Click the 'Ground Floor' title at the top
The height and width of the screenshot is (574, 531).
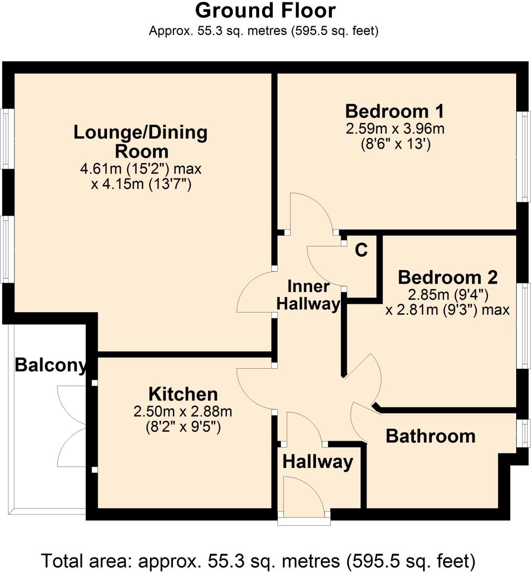[265, 10]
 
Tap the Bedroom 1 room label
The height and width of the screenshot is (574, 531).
[394, 111]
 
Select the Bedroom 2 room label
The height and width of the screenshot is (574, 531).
[448, 277]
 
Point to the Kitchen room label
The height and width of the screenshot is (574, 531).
[183, 394]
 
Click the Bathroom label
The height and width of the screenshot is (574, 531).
[430, 436]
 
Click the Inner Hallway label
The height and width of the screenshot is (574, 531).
[308, 295]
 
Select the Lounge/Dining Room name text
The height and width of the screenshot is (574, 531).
[141, 141]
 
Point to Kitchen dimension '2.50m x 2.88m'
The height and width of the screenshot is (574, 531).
[183, 411]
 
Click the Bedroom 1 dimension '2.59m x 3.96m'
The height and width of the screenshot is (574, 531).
[395, 129]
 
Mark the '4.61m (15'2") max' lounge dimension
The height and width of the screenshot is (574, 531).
[141, 169]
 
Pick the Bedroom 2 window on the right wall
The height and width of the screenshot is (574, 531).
[523, 326]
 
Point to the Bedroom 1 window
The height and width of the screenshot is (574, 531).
[523, 156]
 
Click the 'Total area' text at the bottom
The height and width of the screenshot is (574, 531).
[258, 561]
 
